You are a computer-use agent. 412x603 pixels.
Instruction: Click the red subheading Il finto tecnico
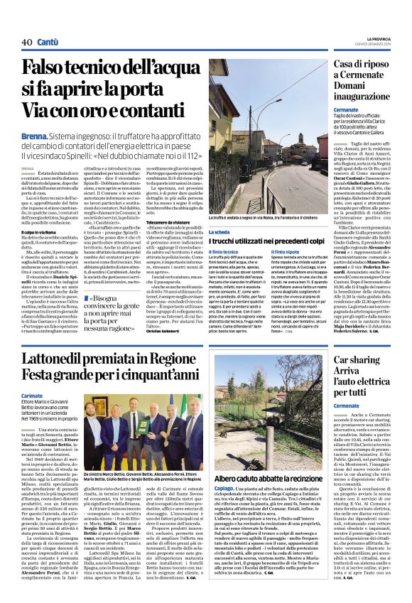[x=224, y=252]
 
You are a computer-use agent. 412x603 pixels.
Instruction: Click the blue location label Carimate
[x=32, y=395]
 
